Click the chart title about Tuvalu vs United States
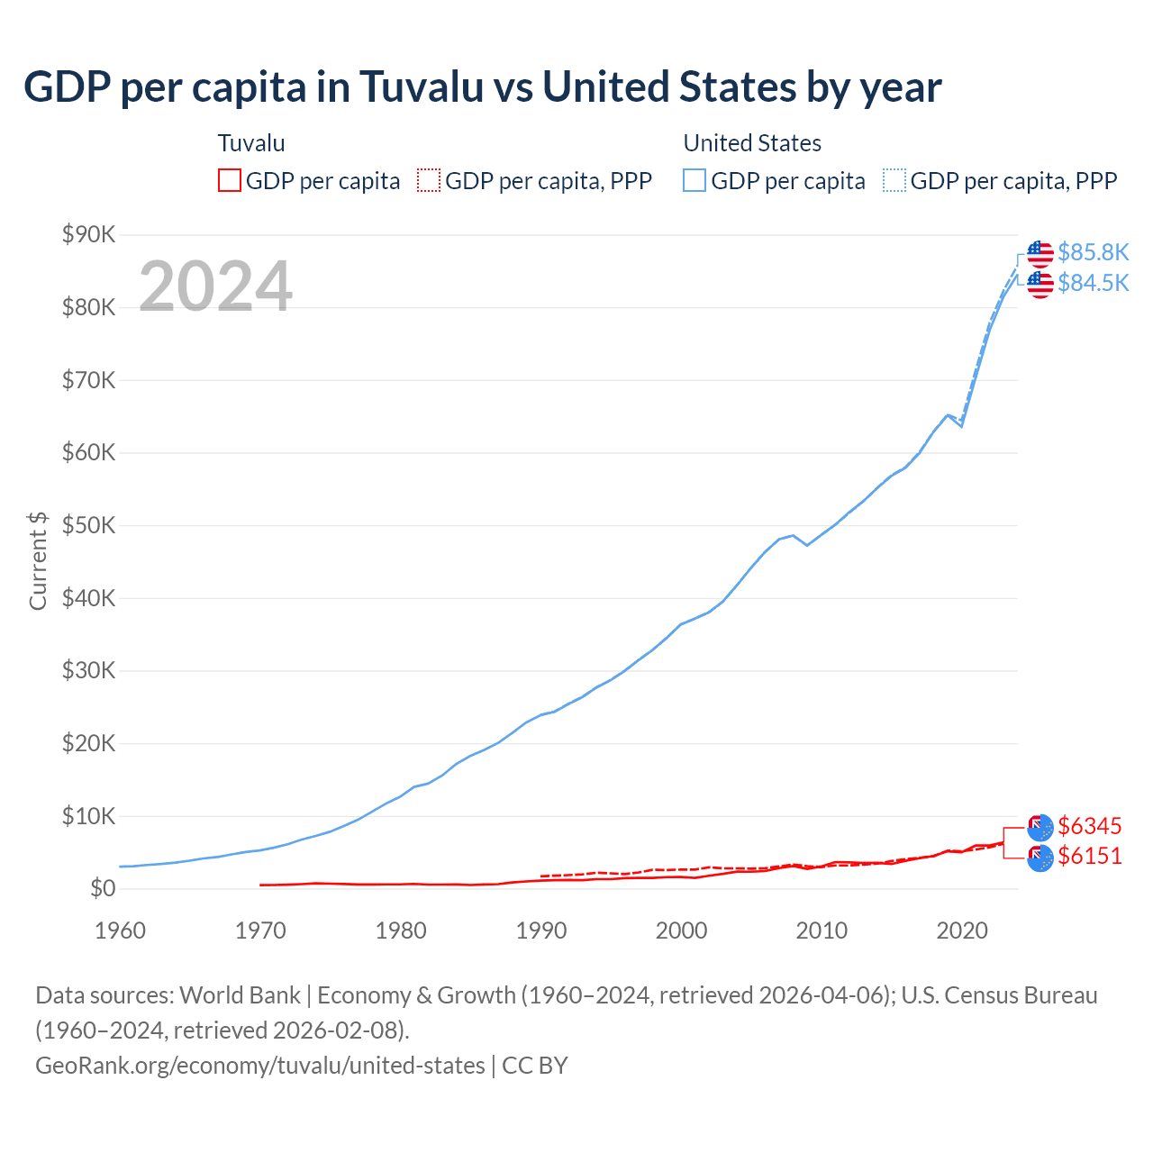pyautogui.click(x=483, y=87)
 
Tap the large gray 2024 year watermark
pyautogui.click(x=215, y=286)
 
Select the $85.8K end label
pyautogui.click(x=1093, y=252)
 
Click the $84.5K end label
pyautogui.click(x=1093, y=283)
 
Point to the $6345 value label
pyautogui.click(x=1090, y=826)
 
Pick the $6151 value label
pyautogui.click(x=1090, y=856)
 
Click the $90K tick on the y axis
pyautogui.click(x=88, y=235)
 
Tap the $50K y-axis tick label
pyautogui.click(x=88, y=526)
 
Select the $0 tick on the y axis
pyautogui.click(x=103, y=889)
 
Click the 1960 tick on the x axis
pyautogui.click(x=120, y=931)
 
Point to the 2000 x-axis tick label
pyautogui.click(x=681, y=931)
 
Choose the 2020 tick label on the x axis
pyautogui.click(x=962, y=931)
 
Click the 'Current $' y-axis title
pyautogui.click(x=38, y=560)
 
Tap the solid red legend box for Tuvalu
pyautogui.click(x=230, y=181)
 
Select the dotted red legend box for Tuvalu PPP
pyautogui.click(x=429, y=181)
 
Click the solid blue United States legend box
pyautogui.click(x=695, y=181)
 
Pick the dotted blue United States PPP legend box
pyautogui.click(x=894, y=181)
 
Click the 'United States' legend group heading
pyautogui.click(x=752, y=143)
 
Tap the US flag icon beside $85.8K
pyautogui.click(x=1040, y=254)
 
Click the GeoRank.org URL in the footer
pyautogui.click(x=260, y=1066)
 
